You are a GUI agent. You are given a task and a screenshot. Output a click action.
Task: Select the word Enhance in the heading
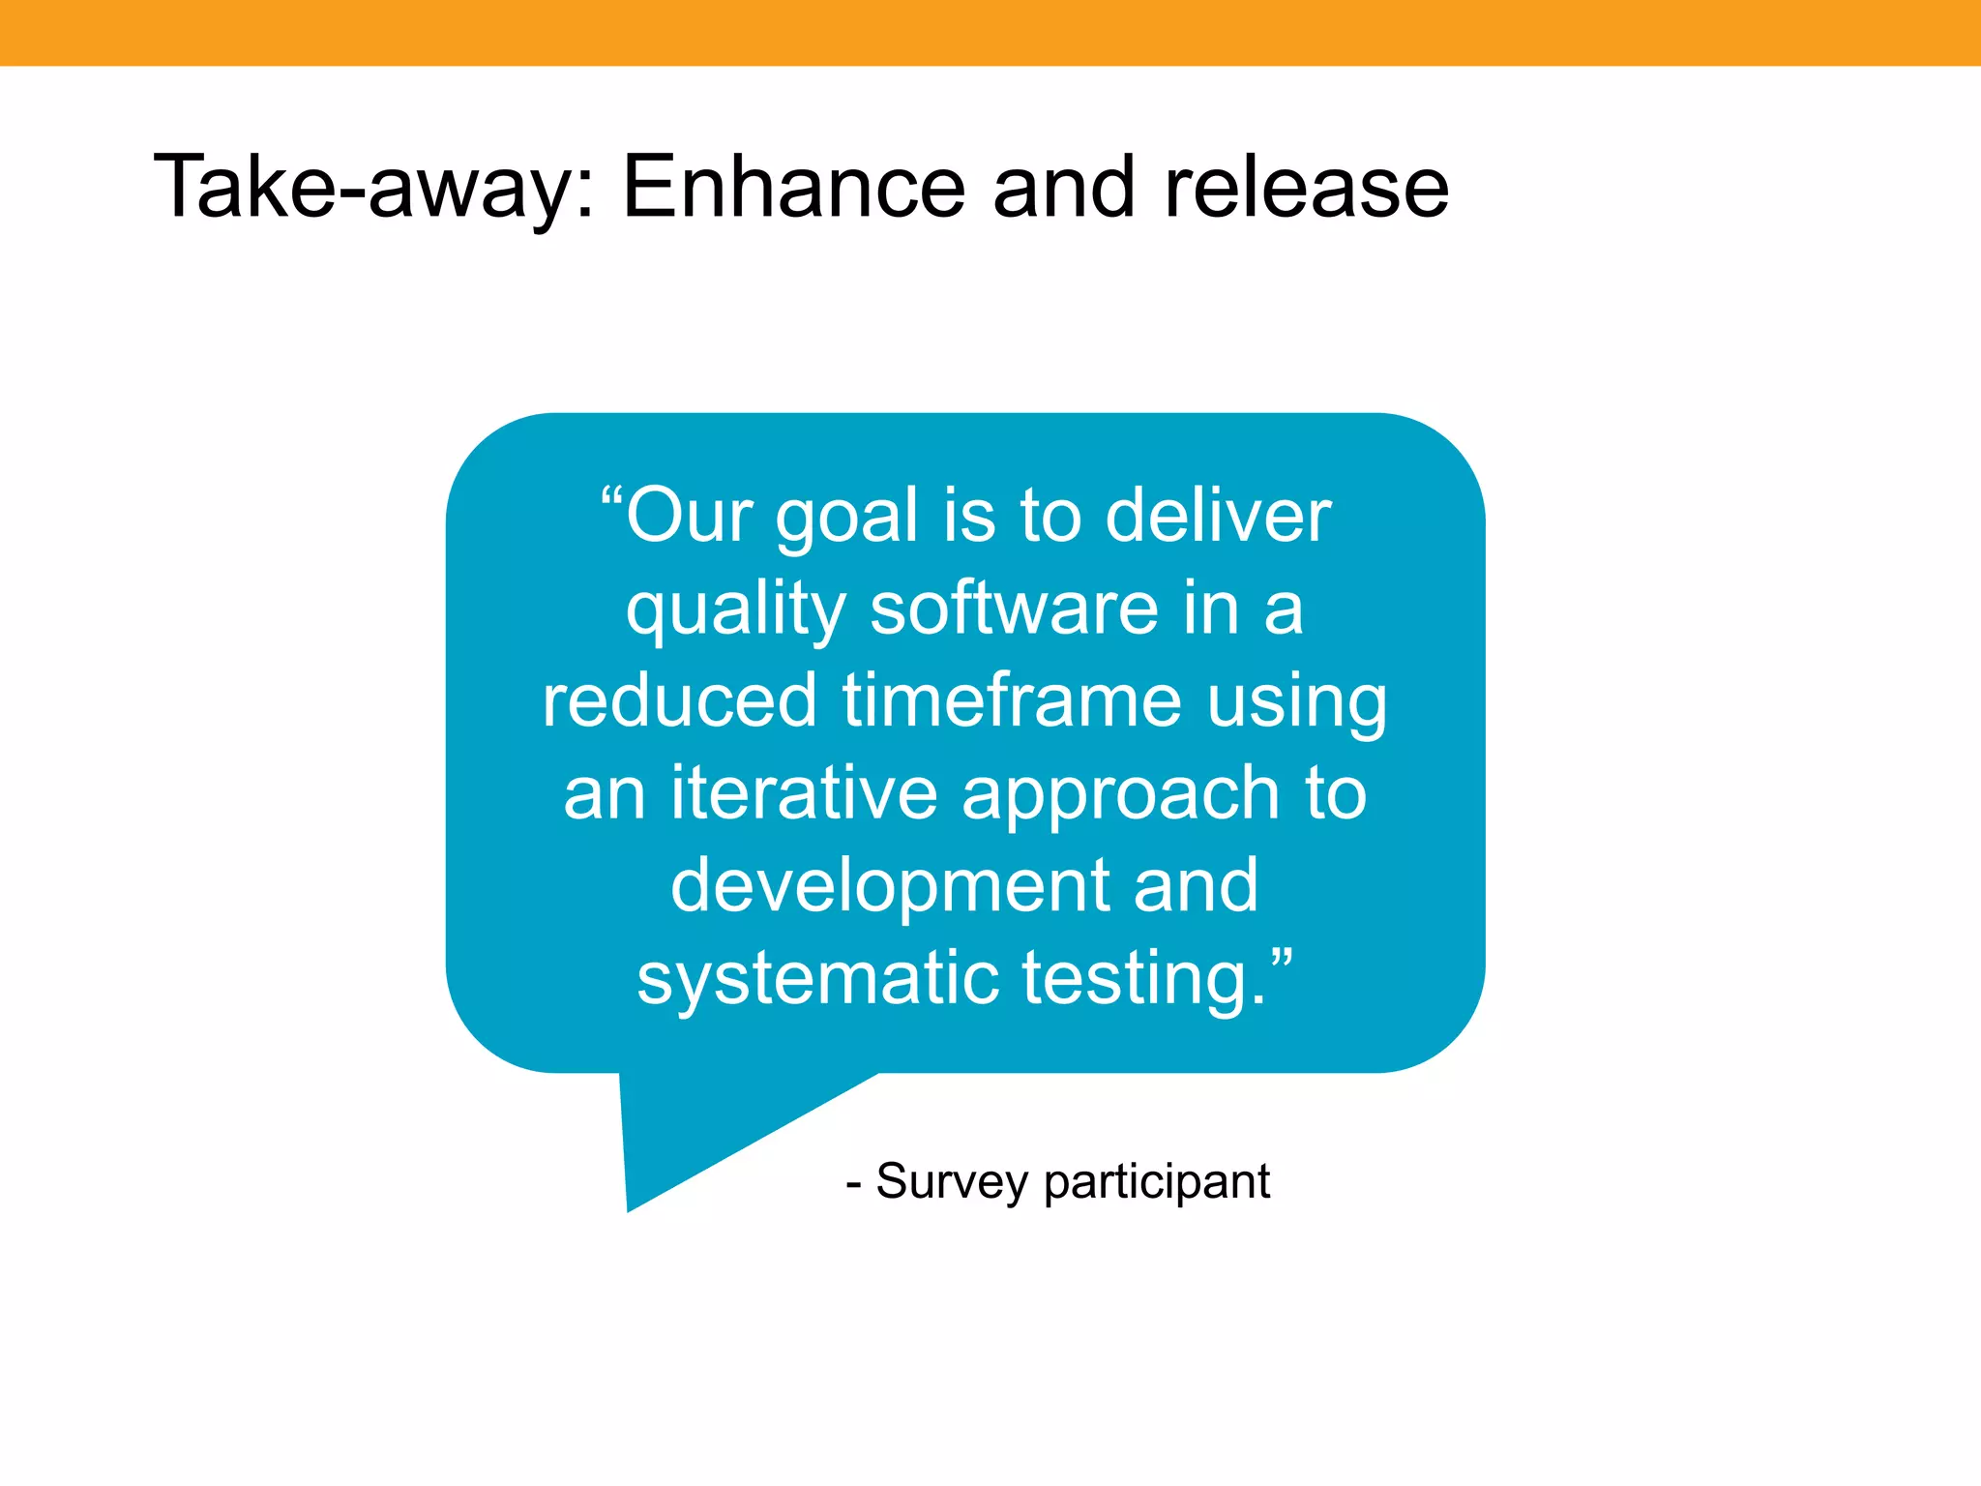(x=793, y=187)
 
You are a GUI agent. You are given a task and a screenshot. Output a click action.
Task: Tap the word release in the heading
(x=1306, y=187)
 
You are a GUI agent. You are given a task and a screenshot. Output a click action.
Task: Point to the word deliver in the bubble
(x=1218, y=515)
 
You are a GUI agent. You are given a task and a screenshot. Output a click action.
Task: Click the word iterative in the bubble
(x=804, y=792)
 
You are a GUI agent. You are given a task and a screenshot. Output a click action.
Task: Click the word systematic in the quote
(x=817, y=979)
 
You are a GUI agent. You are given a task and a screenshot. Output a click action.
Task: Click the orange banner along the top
(x=990, y=32)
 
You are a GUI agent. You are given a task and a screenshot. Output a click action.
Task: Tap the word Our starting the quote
(x=689, y=515)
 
